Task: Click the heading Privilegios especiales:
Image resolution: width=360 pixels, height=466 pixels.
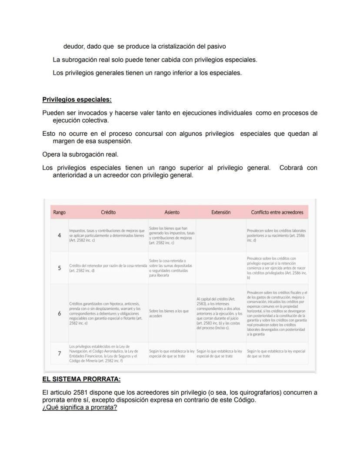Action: pos(77,100)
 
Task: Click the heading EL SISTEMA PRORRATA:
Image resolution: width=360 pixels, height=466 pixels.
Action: pos(81,379)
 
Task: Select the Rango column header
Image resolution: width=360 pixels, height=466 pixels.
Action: pos(59,212)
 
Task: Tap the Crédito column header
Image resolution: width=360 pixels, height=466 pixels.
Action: pos(108,212)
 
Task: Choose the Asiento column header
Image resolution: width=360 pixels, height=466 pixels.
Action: pos(172,212)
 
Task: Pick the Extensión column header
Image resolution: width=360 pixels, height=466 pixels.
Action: pos(220,212)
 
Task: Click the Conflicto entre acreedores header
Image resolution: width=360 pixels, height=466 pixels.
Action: pos(277,212)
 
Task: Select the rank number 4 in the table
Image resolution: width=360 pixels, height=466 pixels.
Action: pos(59,235)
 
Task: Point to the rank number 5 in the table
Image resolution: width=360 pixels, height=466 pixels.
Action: pos(59,268)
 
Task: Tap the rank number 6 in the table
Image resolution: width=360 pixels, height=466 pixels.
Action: pos(59,313)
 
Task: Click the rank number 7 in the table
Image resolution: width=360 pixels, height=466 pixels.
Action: pos(59,353)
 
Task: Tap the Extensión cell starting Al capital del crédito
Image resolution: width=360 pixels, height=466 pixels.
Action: pos(219,313)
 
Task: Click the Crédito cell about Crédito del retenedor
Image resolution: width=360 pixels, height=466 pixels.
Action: pos(108,268)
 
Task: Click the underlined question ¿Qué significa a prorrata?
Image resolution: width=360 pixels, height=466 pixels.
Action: pos(80,408)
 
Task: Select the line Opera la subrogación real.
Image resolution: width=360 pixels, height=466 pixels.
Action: pos(80,154)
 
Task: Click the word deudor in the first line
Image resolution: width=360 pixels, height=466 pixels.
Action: pos(73,46)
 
